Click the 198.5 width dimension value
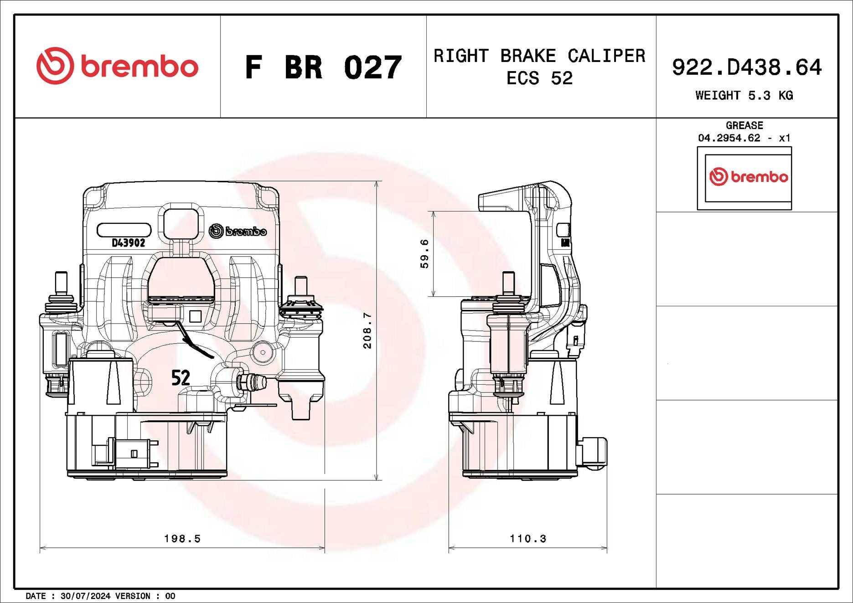[182, 539]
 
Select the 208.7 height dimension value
[367, 330]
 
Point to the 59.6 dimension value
[424, 253]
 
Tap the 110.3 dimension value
[528, 539]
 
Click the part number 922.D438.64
[747, 67]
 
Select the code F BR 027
[323, 67]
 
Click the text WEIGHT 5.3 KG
[744, 95]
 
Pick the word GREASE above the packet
[744, 125]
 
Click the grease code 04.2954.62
[729, 138]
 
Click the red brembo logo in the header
[118, 66]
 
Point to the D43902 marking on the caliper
[129, 243]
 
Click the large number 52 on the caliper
[181, 377]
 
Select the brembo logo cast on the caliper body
[238, 231]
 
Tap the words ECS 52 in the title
[539, 78]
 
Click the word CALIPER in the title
[606, 56]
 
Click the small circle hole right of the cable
[263, 352]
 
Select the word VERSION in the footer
[133, 596]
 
